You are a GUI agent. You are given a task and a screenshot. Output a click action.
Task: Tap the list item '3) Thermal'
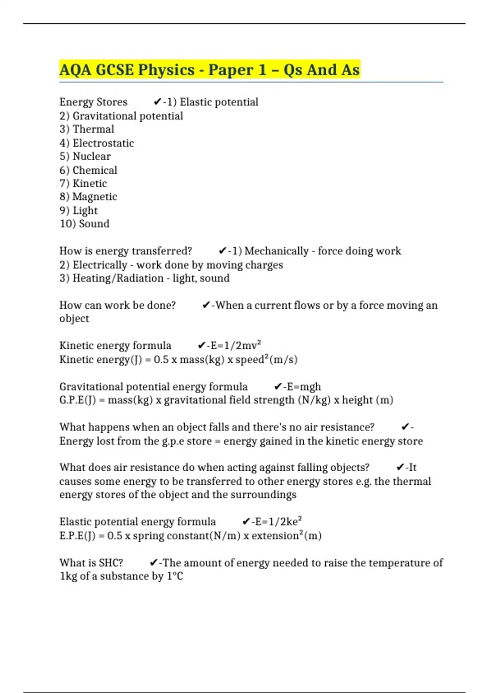(87, 129)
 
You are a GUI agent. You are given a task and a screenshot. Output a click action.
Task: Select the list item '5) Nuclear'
(85, 156)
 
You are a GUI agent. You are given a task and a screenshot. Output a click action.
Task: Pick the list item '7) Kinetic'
(83, 183)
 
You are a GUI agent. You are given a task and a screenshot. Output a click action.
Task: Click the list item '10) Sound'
(84, 224)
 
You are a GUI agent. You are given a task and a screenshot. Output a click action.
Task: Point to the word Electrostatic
(103, 143)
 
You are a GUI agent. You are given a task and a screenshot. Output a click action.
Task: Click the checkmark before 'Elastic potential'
(158, 102)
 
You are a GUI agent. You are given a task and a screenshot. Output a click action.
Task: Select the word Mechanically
(276, 251)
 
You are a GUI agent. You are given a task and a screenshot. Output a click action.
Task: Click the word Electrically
(100, 265)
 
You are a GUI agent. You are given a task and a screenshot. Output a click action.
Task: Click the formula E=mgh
(304, 386)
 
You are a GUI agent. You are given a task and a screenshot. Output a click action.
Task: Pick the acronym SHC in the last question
(110, 563)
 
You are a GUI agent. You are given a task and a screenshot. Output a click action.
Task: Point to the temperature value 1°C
(175, 576)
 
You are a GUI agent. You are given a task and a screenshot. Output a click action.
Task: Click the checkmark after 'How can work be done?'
(206, 305)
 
